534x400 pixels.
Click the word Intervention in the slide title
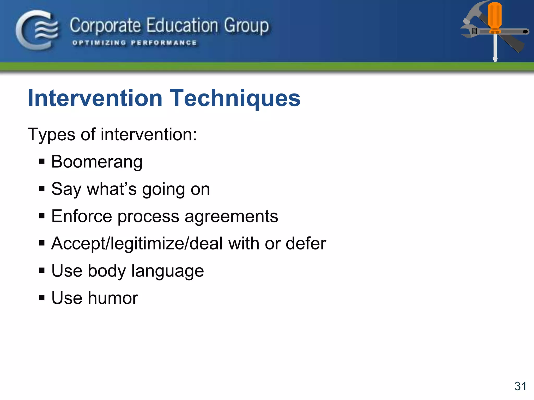point(95,98)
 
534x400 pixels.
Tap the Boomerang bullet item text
point(97,162)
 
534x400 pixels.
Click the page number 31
point(520,386)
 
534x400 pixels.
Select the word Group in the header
point(246,26)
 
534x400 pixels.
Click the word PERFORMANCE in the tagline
point(164,43)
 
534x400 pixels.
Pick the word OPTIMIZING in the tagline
point(99,43)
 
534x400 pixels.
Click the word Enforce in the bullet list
point(82,216)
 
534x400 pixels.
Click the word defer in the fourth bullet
point(306,243)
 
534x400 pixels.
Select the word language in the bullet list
point(167,271)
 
